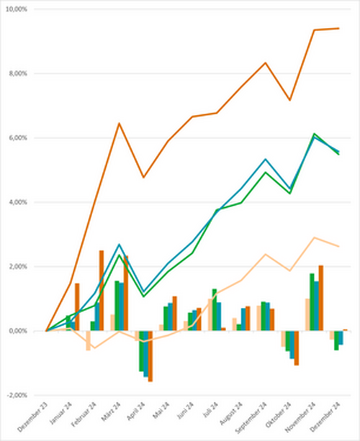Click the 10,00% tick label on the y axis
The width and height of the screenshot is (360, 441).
coord(15,9)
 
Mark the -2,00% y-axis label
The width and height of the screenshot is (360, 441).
coord(15,396)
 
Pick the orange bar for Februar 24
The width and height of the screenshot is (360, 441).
coord(102,291)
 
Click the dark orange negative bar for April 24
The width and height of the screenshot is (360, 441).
coord(150,356)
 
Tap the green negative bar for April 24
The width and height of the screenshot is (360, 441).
coord(141,351)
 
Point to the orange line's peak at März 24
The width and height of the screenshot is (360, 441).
coord(120,123)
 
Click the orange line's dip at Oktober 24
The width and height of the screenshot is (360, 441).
coord(290,100)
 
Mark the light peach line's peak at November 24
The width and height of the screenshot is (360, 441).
coord(314,237)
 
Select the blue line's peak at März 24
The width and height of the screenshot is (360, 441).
coord(120,245)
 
